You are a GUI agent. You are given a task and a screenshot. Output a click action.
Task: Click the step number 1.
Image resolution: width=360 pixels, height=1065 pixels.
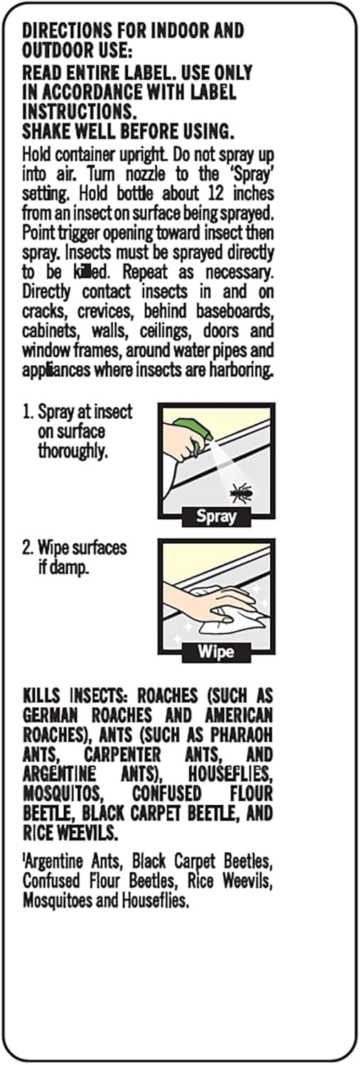(x=26, y=412)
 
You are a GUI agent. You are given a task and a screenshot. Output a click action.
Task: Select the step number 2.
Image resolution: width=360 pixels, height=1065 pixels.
(x=26, y=547)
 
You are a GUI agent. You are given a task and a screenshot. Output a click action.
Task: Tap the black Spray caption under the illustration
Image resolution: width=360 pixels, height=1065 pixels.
(x=216, y=517)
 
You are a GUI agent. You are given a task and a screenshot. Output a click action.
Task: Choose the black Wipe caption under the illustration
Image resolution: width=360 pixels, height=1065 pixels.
(x=216, y=652)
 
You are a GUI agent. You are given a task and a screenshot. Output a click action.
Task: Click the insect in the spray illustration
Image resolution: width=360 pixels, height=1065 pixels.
(x=240, y=492)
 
